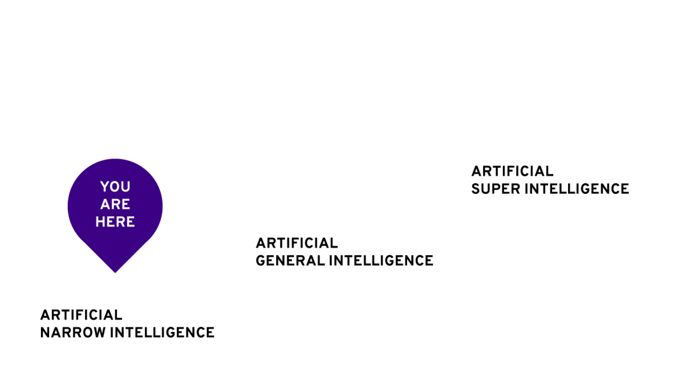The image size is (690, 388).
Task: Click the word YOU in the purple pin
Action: pos(115,187)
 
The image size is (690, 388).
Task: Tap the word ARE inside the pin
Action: pos(115,205)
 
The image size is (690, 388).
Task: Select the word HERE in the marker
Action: pos(115,222)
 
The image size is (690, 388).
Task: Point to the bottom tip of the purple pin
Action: pos(115,272)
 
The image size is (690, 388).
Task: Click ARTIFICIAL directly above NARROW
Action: pos(81,315)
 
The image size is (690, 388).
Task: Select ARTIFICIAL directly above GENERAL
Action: pos(297,243)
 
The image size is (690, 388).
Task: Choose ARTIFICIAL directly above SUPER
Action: pos(512,171)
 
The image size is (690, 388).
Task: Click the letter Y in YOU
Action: pos(105,187)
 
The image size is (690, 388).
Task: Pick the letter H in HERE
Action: pos(100,222)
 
